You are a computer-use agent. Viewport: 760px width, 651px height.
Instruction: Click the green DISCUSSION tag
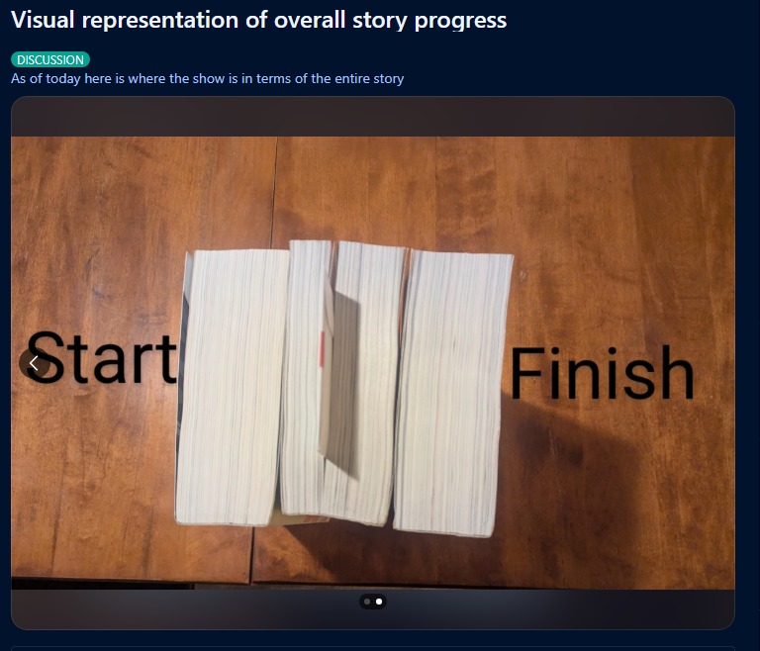[x=50, y=59]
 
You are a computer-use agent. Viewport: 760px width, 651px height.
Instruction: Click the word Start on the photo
[x=102, y=358]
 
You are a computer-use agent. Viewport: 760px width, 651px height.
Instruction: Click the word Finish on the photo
[x=602, y=372]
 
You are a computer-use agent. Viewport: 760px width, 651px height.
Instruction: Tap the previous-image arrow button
[x=34, y=363]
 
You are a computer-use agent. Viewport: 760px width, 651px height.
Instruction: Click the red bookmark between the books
[x=322, y=349]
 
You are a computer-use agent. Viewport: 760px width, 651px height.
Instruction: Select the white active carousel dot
[x=379, y=602]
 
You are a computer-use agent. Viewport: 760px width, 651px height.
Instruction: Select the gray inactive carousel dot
[x=367, y=602]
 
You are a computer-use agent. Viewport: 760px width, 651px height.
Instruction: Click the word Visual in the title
[x=43, y=21]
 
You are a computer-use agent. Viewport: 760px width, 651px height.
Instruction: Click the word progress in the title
[x=460, y=22]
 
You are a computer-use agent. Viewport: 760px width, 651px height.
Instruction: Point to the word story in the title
[x=380, y=22]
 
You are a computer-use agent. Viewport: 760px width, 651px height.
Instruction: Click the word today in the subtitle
[x=63, y=78]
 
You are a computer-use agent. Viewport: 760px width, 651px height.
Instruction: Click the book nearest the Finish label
[x=452, y=394]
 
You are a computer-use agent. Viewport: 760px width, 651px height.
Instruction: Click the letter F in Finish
[x=524, y=373]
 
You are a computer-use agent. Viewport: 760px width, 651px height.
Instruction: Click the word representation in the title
[x=160, y=22]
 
